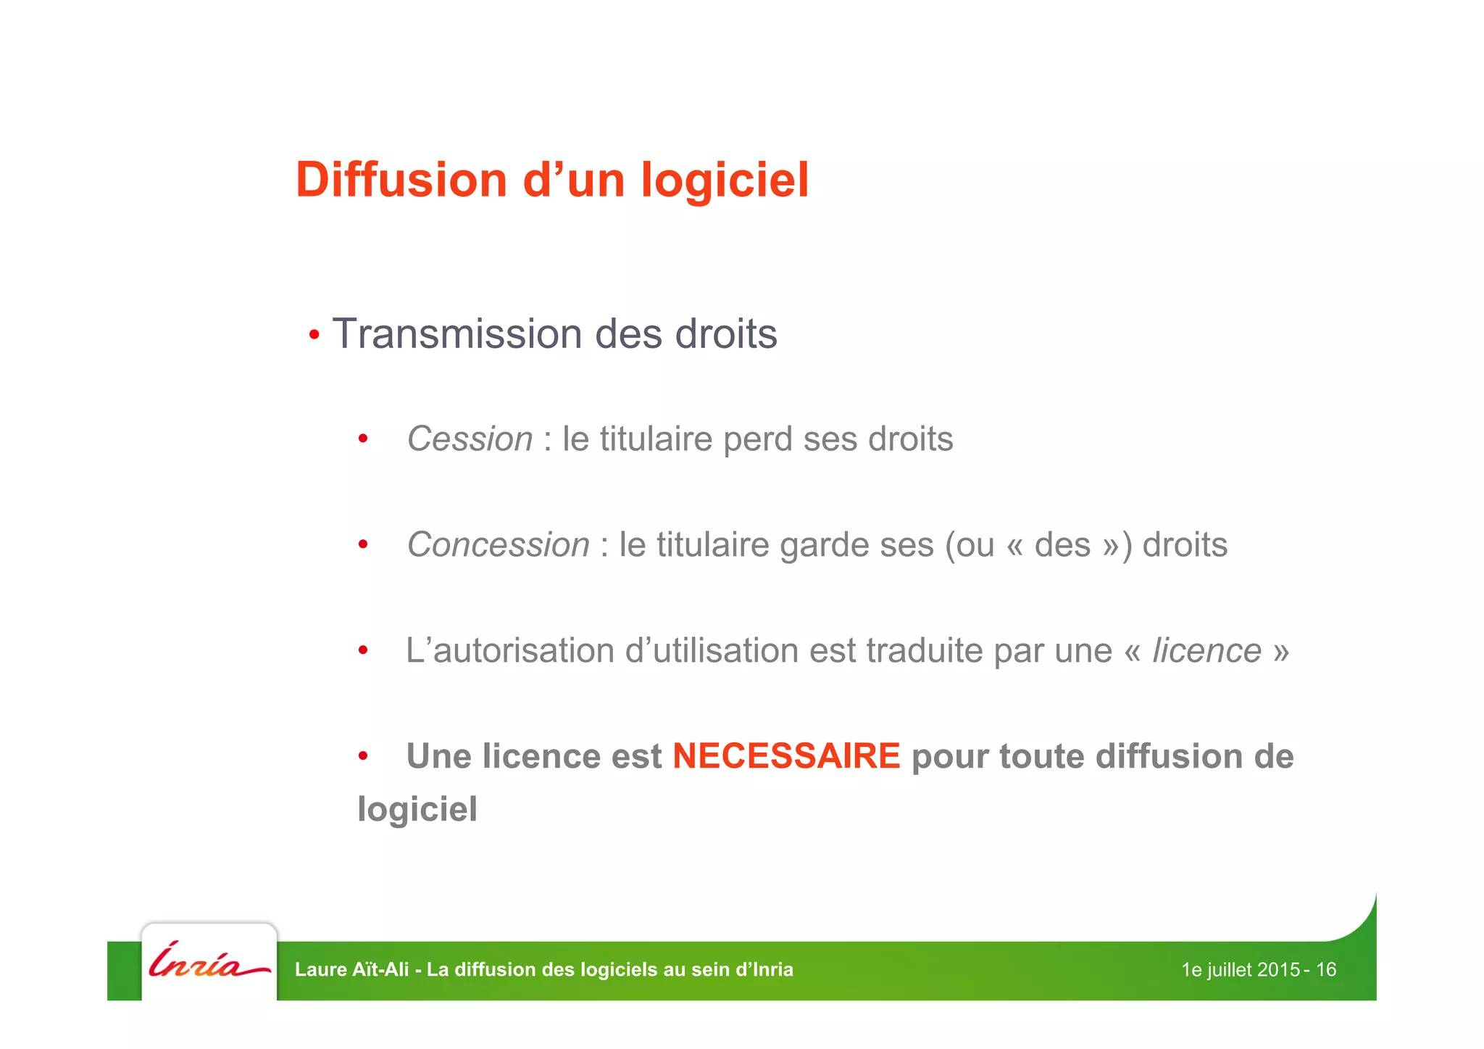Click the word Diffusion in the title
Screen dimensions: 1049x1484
[x=401, y=180]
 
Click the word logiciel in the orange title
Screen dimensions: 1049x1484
[x=725, y=180]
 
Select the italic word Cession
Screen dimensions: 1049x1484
[x=470, y=439]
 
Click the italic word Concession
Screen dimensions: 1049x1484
[x=498, y=545]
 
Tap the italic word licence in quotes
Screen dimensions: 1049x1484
[x=1206, y=650]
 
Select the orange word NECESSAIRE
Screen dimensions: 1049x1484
[x=786, y=756]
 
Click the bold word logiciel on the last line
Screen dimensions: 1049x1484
[x=417, y=809]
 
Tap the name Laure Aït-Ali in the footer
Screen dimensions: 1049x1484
[x=352, y=970]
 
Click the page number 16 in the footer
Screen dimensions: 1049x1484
[x=1325, y=970]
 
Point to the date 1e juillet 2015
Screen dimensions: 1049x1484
[x=1240, y=970]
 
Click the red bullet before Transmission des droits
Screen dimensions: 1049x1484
[x=314, y=336]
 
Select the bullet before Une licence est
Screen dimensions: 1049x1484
[x=363, y=757]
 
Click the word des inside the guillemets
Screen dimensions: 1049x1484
[x=1062, y=545]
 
